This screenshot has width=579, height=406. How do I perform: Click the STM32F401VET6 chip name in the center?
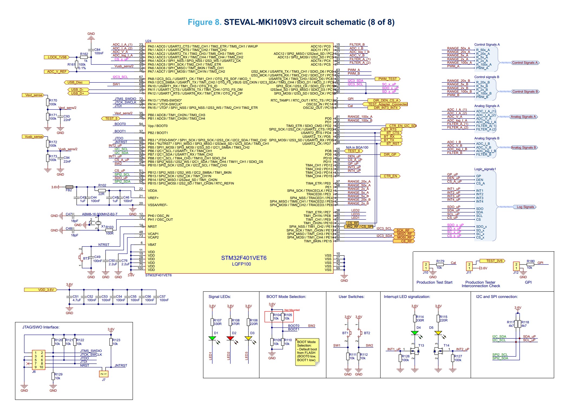(244, 258)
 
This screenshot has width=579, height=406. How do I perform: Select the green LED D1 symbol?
(212, 338)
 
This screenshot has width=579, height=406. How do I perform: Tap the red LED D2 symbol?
(230, 338)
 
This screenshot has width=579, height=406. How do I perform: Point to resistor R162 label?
(84, 54)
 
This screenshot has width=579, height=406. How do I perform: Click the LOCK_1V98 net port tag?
(57, 57)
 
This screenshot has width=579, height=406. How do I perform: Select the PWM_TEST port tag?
(387, 79)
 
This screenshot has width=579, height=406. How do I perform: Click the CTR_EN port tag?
(390, 176)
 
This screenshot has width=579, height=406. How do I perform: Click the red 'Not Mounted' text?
(292, 310)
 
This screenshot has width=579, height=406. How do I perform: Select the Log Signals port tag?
(525, 207)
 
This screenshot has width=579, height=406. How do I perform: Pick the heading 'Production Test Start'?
(434, 282)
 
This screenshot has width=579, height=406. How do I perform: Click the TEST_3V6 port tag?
(492, 261)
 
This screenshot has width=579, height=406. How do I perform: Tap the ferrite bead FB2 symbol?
(69, 187)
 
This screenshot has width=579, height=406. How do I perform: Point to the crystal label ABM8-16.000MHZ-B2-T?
(100, 214)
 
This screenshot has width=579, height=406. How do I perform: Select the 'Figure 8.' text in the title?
(205, 22)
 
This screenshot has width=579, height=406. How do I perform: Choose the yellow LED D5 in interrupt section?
(438, 333)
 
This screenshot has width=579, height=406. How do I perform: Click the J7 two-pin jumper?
(104, 374)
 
